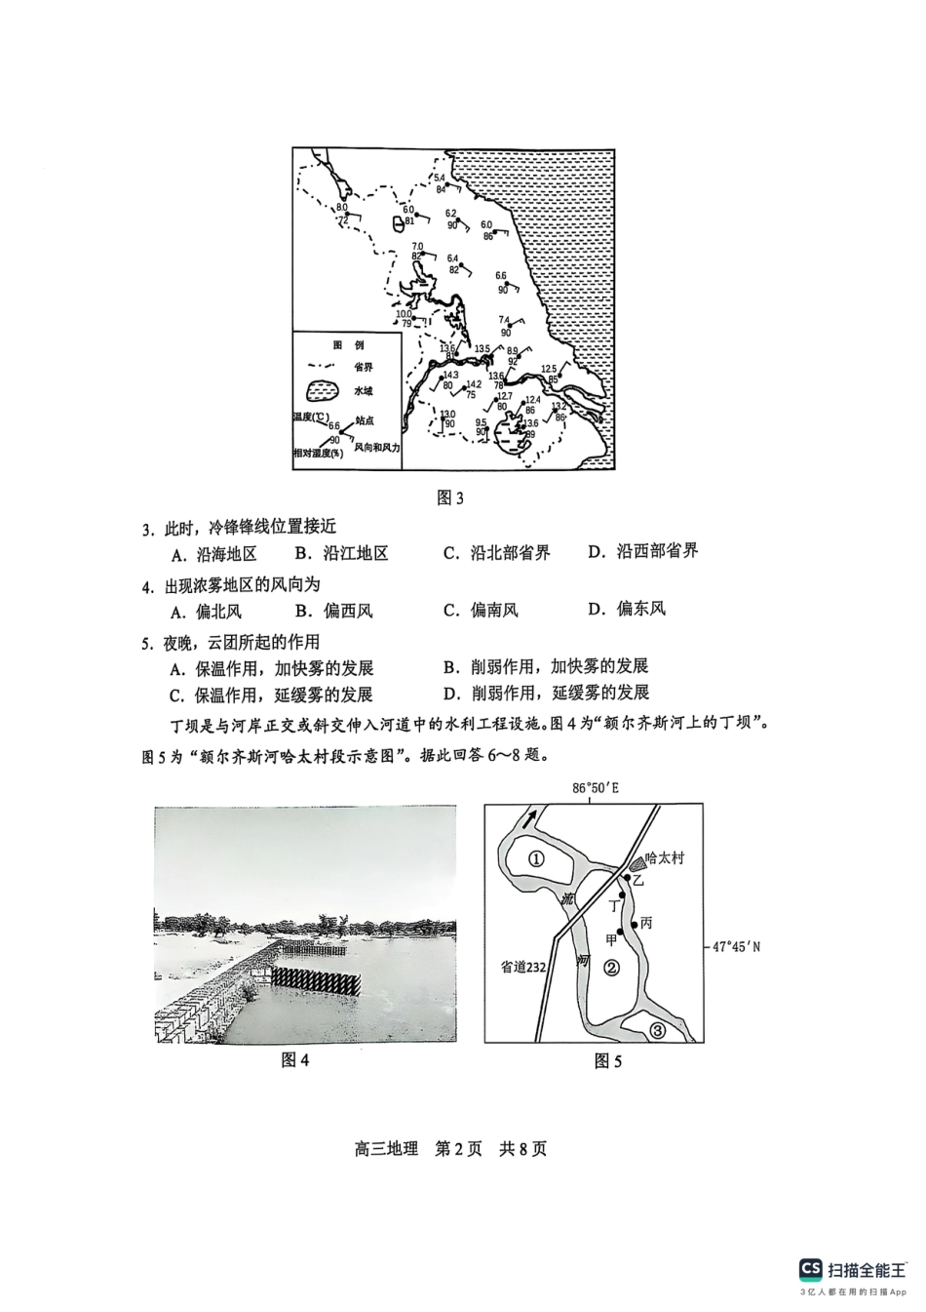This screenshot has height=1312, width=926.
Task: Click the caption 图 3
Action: [450, 498]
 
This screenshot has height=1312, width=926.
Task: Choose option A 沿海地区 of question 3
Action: [214, 554]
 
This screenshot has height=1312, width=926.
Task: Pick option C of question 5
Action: [271, 695]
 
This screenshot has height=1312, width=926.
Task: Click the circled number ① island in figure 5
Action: [536, 859]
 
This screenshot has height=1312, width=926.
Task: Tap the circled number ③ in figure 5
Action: [657, 1030]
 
